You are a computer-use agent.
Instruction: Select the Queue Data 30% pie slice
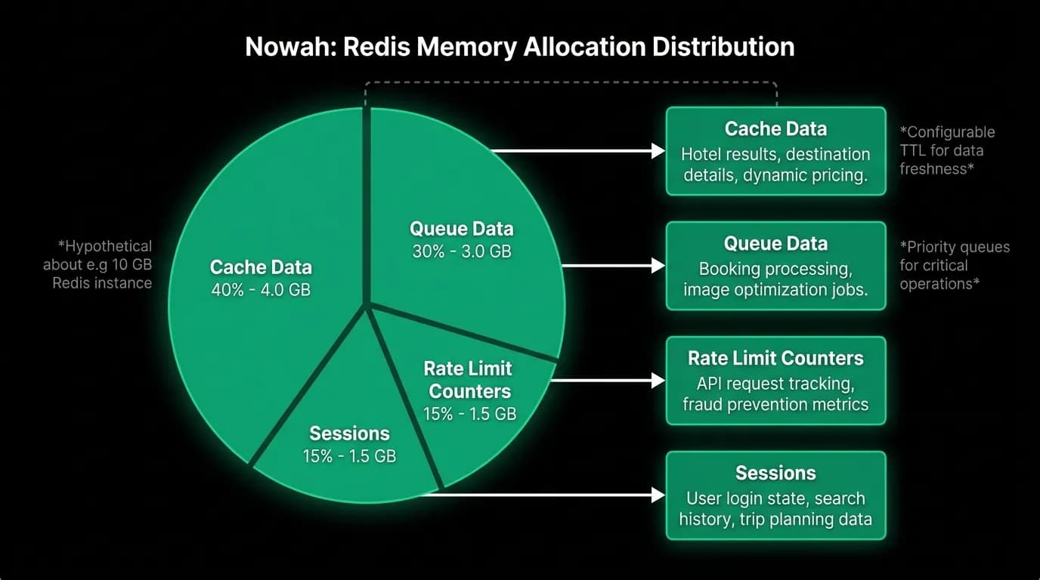coord(464,223)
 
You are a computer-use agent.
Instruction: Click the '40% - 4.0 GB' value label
coord(261,290)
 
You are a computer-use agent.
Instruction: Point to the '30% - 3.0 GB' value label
coord(462,251)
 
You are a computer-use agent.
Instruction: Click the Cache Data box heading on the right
coord(775,129)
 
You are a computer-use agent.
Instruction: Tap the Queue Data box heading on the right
coord(775,244)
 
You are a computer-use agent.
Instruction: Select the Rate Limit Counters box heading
coord(775,358)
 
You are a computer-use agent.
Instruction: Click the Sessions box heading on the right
coord(775,473)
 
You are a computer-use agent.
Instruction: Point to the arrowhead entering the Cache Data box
coord(658,151)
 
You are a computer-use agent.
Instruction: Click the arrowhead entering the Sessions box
coord(658,495)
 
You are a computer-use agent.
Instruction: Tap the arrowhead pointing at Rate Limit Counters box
coord(658,381)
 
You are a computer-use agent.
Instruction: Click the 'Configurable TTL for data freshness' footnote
coord(947,150)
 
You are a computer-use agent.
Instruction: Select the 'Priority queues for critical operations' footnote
coord(955,265)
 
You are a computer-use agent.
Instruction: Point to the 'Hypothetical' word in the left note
coord(105,246)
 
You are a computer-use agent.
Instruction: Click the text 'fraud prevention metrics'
coord(775,404)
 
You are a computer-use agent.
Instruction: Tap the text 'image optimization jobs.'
coord(775,289)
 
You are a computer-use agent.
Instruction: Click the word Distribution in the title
coord(723,47)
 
